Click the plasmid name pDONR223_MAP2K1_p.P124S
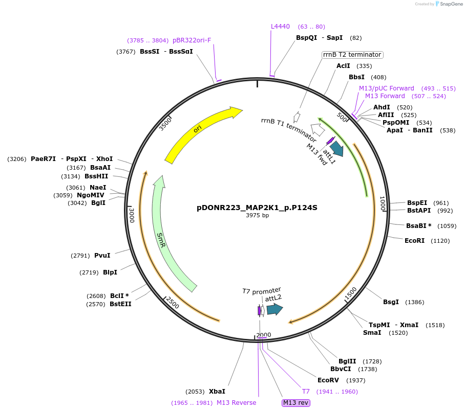tap(257, 208)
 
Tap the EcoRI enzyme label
tap(415, 240)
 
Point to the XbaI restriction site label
tap(217, 392)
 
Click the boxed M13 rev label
tap(296, 403)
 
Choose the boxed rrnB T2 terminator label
tap(352, 55)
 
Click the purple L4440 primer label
tap(280, 27)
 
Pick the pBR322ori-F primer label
tap(192, 40)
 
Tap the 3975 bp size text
tap(257, 216)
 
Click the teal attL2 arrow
tap(274, 309)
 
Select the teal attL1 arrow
tap(336, 148)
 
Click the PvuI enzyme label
tap(102, 256)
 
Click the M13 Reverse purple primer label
tap(236, 403)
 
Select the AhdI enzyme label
tap(382, 107)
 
